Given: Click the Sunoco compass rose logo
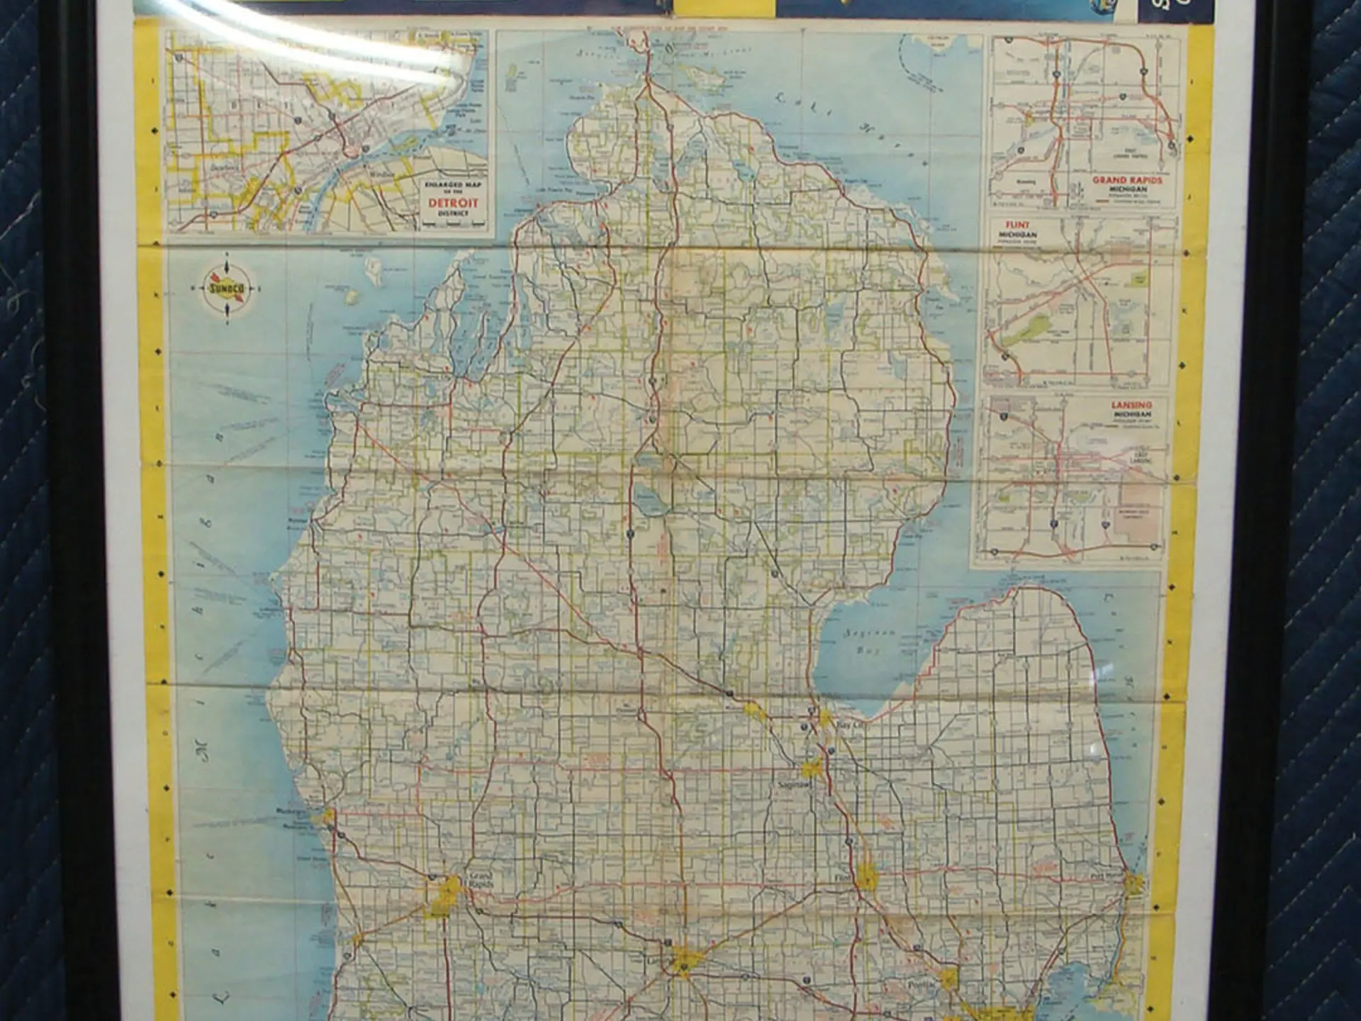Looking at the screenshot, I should click(x=227, y=289).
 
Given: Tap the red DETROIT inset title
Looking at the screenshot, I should click(x=453, y=203).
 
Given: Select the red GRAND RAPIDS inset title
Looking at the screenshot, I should click(x=1127, y=181).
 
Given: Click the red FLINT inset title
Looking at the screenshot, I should click(x=1017, y=225).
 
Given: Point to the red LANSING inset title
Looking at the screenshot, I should click(x=1131, y=405).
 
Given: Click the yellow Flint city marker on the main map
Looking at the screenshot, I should click(x=866, y=877).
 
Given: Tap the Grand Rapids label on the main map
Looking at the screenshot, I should click(x=481, y=881).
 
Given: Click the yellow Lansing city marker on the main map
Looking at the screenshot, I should click(x=684, y=961).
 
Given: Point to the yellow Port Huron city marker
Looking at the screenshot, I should click(x=1134, y=883).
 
